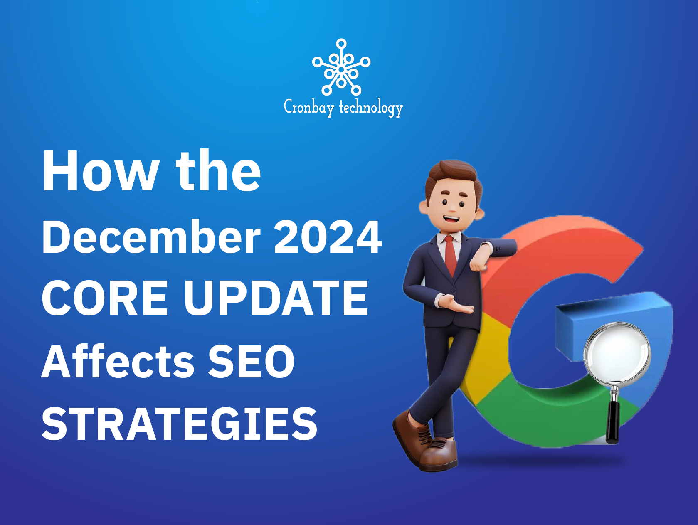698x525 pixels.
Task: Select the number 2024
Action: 328,237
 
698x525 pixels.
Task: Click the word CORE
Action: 105,298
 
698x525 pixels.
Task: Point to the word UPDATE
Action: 276,298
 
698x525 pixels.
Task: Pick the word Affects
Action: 118,362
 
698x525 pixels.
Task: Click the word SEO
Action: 251,362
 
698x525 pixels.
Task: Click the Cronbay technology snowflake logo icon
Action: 341,67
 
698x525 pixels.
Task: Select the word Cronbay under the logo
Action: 309,107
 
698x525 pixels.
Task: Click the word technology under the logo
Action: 371,108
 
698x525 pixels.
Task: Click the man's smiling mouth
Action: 451,218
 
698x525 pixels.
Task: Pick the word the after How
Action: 218,171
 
